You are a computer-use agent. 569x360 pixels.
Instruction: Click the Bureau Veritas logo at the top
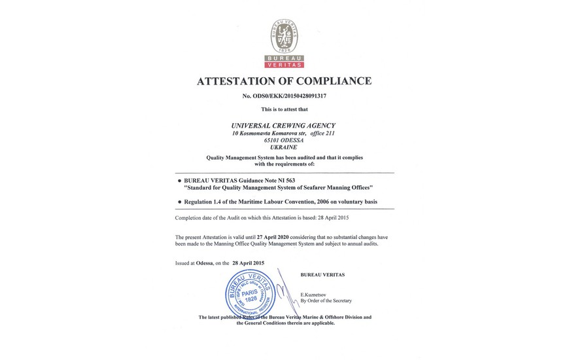[x=284, y=44]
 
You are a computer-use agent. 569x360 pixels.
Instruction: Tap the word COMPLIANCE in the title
[x=335, y=81]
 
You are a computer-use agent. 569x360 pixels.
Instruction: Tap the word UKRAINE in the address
[x=283, y=148]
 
